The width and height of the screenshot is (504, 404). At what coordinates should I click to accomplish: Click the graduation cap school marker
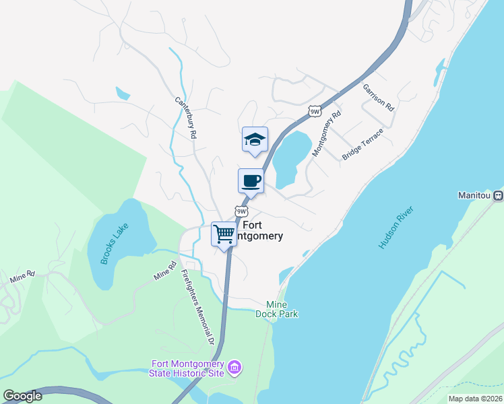(x=255, y=139)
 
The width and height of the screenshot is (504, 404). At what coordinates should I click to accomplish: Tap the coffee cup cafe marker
(x=251, y=181)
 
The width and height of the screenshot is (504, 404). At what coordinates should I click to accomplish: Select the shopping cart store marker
(x=224, y=234)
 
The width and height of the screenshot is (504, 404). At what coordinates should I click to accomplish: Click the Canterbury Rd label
(x=185, y=118)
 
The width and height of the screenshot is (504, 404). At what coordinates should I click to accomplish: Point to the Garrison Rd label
(x=378, y=98)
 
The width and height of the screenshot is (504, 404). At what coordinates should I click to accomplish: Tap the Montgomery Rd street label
(x=327, y=133)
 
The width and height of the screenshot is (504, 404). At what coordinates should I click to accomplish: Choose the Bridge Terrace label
(x=363, y=143)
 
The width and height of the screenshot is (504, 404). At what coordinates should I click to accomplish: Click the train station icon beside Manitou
(x=498, y=195)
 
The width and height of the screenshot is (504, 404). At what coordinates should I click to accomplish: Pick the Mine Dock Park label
(x=276, y=309)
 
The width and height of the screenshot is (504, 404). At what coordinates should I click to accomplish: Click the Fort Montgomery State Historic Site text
(x=189, y=370)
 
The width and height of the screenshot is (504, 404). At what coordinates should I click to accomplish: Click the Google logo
(x=22, y=396)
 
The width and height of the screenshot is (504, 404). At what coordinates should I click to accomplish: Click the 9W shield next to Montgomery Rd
(x=314, y=111)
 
